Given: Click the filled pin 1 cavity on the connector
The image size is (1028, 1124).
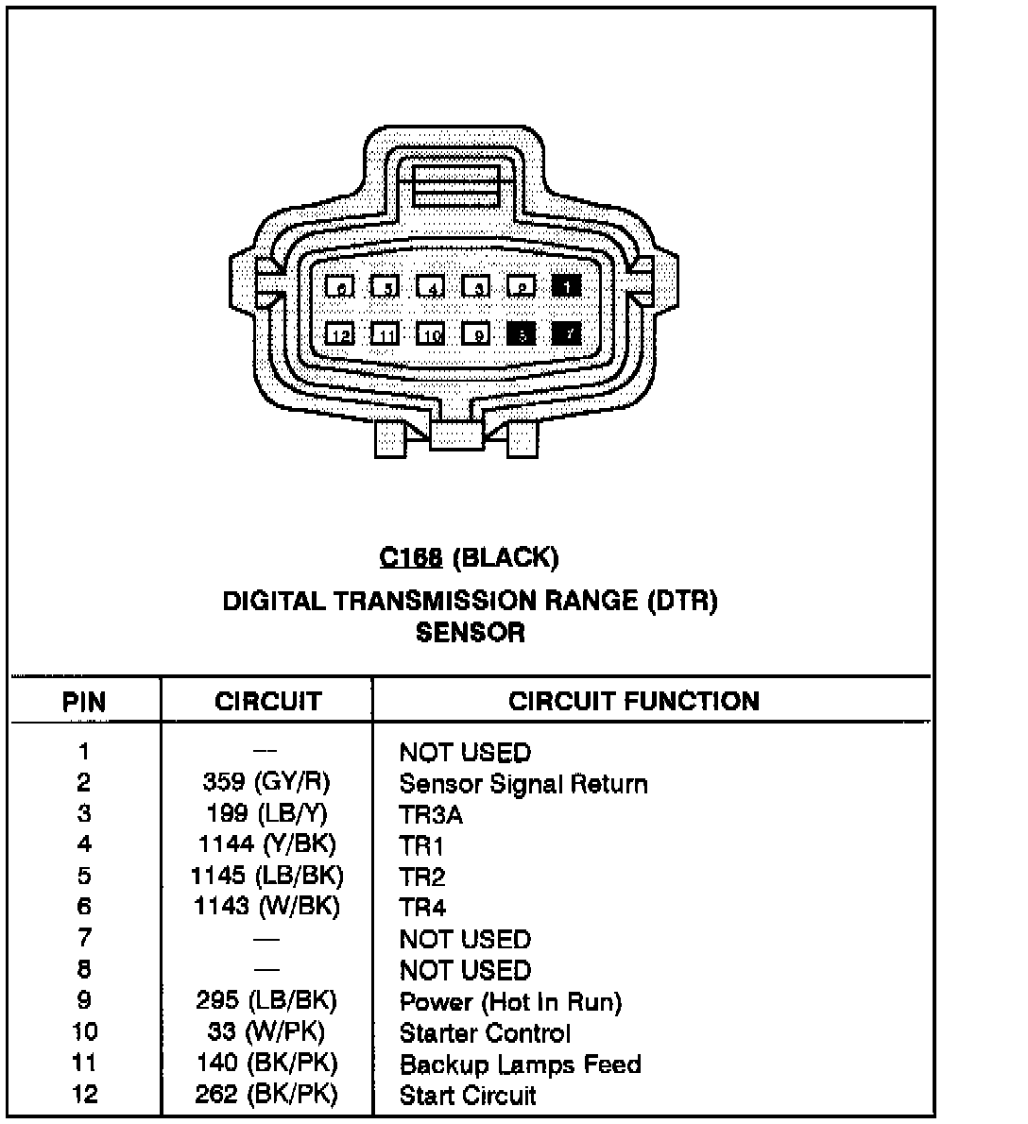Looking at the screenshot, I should click(566, 286).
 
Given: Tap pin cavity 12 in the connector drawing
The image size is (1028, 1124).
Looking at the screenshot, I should click(340, 334).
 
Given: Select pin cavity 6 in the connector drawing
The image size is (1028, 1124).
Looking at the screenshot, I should click(340, 286).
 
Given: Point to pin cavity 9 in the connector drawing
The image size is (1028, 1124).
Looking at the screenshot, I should click(477, 334).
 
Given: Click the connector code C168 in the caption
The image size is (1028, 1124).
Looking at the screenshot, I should click(411, 558).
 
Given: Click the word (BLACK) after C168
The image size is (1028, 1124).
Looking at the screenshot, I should click(506, 558).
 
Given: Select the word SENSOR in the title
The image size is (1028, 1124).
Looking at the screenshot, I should click(470, 632).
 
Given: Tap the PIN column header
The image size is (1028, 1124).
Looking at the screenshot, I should click(84, 702).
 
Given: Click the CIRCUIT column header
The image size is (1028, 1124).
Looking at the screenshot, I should click(267, 702).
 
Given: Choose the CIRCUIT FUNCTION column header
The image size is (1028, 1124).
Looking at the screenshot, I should click(633, 701).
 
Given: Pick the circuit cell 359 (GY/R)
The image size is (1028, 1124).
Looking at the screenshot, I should click(267, 782).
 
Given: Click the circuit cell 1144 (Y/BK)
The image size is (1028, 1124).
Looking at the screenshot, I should click(267, 844).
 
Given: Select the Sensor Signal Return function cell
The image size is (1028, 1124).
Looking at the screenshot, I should click(523, 784).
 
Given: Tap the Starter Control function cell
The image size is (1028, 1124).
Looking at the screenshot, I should click(486, 1033).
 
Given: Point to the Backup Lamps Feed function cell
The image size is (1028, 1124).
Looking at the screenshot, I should click(520, 1064).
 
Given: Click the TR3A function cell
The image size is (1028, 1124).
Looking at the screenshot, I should click(431, 815).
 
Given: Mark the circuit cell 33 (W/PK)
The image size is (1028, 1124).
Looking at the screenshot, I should click(267, 1031).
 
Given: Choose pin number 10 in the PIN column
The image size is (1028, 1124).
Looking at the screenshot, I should click(84, 1031).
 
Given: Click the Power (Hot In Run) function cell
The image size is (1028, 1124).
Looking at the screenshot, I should click(510, 1002).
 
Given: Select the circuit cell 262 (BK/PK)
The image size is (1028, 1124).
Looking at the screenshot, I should click(267, 1094).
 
